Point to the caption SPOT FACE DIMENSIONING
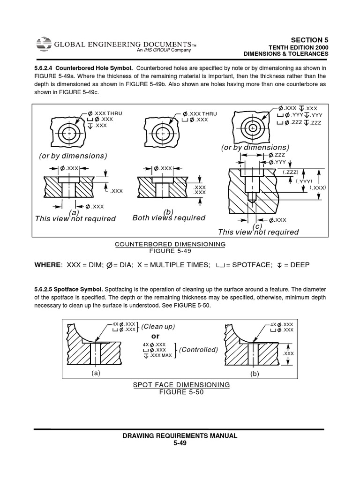(181, 384)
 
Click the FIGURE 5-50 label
(181, 392)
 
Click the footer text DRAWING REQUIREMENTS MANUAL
(180, 435)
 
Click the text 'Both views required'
(169, 218)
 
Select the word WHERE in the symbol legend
(47, 265)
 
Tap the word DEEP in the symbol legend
(298, 265)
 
